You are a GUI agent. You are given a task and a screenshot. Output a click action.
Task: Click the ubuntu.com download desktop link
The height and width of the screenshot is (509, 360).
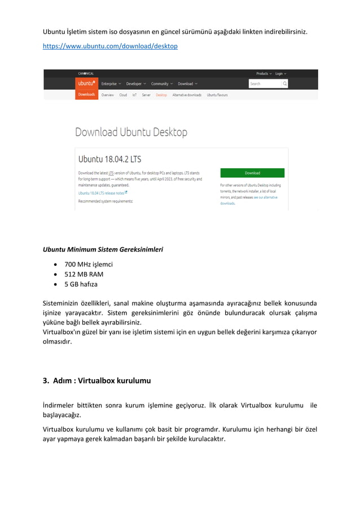pos(110,46)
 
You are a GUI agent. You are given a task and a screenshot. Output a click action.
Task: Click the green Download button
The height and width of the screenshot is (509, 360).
pos(252,173)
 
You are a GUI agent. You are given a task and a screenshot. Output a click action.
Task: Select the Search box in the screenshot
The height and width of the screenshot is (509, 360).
pos(265,84)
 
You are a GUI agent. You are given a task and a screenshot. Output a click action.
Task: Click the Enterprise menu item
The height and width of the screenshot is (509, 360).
pos(111,84)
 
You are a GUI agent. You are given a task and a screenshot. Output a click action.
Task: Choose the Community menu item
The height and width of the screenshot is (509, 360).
pos(162,84)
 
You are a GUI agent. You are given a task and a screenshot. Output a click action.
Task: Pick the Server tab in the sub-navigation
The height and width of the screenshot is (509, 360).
pos(146,95)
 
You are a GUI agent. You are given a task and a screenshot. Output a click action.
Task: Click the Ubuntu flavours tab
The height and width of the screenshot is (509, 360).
pos(217,95)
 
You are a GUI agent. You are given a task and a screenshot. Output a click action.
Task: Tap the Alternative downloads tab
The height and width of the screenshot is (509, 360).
pos(187,95)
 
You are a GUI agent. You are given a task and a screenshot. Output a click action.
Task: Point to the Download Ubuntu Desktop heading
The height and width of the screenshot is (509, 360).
pos(131,132)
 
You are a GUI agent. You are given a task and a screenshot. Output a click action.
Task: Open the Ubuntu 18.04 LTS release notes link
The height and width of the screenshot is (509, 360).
pos(102,192)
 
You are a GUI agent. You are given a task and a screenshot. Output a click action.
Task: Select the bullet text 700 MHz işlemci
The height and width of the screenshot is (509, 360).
pos(89,264)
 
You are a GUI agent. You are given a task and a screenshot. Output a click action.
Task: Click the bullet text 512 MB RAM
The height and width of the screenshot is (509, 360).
pos(84,274)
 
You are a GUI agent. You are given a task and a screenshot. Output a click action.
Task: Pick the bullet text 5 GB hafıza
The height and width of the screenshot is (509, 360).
pos(81,284)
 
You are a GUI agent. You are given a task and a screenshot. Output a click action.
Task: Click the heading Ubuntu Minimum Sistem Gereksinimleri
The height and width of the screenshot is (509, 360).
pos(103,249)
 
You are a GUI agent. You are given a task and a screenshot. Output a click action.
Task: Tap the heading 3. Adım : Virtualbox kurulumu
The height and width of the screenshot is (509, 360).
pos(96,380)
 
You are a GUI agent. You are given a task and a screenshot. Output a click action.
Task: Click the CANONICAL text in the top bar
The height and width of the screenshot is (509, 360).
pos(87,73)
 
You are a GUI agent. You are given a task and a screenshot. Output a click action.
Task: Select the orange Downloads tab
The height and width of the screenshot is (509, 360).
pos(86,95)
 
